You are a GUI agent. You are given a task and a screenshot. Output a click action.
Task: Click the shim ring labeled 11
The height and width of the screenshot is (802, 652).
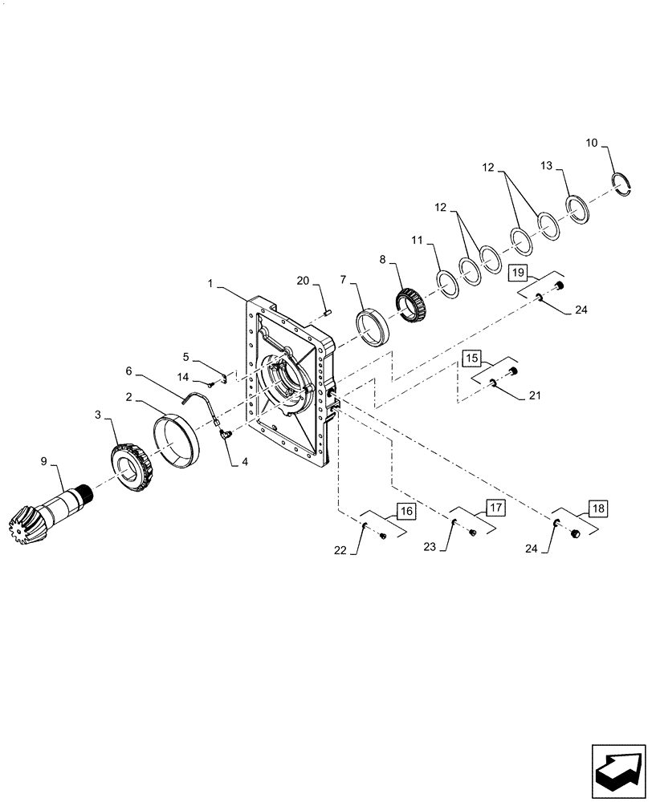(x=447, y=284)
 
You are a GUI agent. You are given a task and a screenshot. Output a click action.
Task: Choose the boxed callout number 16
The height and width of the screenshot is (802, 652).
(x=405, y=509)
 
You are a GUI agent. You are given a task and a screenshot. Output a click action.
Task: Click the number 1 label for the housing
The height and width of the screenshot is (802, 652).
(x=210, y=284)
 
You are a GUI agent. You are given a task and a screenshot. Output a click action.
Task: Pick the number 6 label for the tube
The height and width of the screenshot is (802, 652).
(x=128, y=371)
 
